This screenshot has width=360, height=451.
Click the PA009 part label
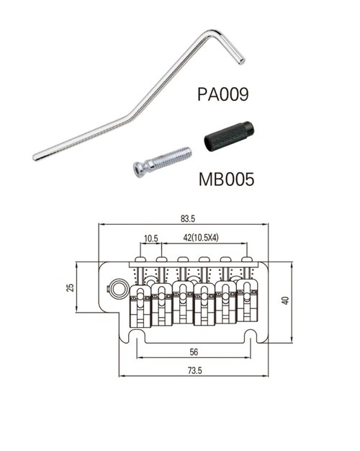click(223, 94)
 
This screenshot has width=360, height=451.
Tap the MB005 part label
click(227, 179)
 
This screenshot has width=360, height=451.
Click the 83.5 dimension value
click(188, 219)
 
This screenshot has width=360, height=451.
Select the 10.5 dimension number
click(151, 238)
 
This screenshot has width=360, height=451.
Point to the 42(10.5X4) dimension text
click(201, 238)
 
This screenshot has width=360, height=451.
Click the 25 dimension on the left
click(71, 287)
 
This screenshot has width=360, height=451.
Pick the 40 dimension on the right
click(285, 300)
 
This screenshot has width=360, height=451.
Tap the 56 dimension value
click(194, 352)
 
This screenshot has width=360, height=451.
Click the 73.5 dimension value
click(194, 371)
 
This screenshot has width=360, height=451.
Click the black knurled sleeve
click(229, 136)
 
